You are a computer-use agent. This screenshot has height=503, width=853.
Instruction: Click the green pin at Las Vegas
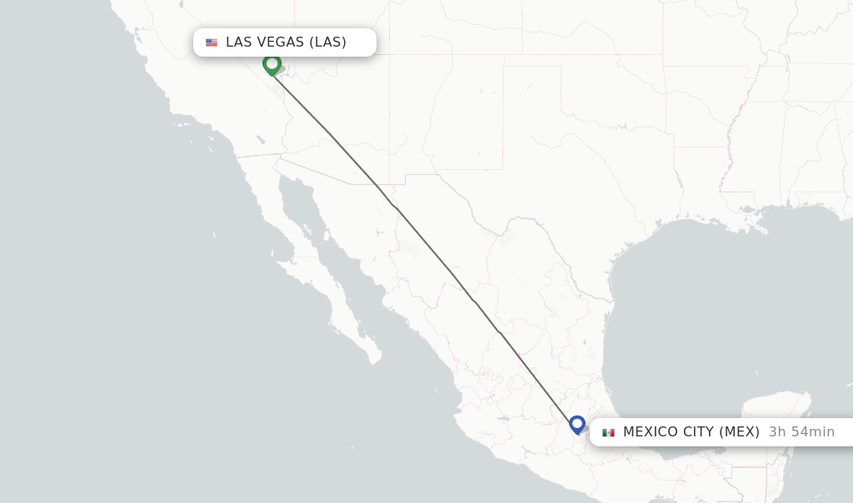272,63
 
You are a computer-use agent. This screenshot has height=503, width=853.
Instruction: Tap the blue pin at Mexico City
577,424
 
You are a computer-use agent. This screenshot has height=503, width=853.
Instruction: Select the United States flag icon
212,42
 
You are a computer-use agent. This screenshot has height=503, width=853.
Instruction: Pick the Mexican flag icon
608,432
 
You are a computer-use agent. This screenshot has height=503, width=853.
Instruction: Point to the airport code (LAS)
328,42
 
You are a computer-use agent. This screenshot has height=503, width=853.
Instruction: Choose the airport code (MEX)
740,432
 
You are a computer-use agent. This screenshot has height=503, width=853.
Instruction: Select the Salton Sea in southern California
262,140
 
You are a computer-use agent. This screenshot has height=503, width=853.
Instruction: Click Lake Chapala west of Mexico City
502,419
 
